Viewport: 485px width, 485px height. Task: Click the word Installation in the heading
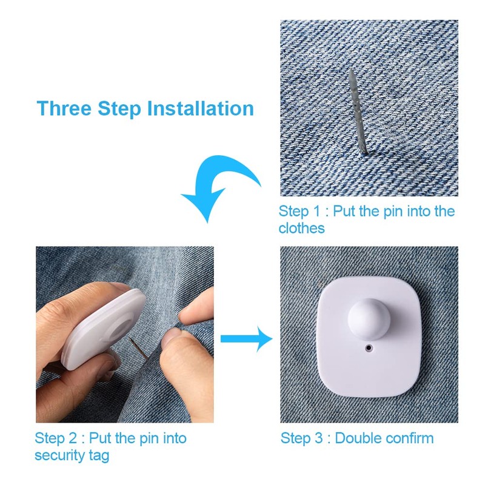(x=201, y=109)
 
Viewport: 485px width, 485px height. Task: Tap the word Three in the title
(x=64, y=109)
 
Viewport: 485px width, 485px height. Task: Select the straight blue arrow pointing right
(x=247, y=339)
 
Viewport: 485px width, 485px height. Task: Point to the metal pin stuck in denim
(x=358, y=112)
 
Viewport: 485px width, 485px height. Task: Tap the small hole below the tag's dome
(x=369, y=348)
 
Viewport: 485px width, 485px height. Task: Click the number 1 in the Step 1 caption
(x=316, y=211)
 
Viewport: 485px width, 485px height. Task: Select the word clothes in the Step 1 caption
(x=301, y=229)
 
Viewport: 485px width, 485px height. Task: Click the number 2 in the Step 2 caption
(x=72, y=438)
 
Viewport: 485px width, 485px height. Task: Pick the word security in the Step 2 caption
(x=60, y=456)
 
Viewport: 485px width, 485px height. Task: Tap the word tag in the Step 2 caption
(x=99, y=457)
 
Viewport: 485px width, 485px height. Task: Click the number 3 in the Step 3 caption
(x=318, y=438)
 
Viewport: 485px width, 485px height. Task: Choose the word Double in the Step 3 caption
(x=358, y=438)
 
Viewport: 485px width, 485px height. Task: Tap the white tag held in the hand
(x=104, y=328)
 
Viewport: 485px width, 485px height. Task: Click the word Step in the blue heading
(x=119, y=110)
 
